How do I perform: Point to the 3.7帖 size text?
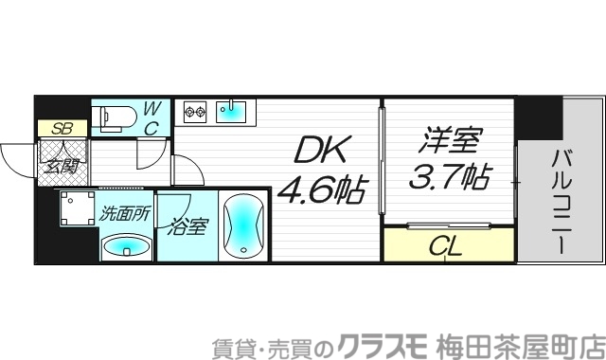tap(448, 177)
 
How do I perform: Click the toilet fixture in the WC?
tap(115, 117)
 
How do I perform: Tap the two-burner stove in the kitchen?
tap(194, 112)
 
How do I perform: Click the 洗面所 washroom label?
tap(125, 213)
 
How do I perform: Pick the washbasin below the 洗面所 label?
tap(126, 247)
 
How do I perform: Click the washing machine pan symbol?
tap(75, 210)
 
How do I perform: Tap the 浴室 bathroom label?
tap(188, 227)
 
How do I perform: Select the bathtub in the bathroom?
tap(243, 225)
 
